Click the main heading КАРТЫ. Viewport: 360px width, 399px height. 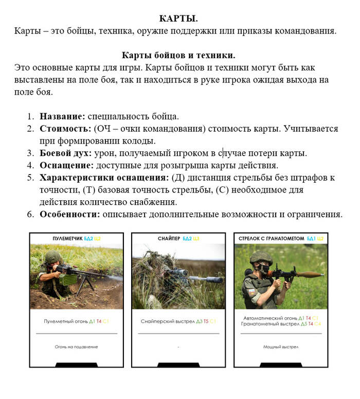coord(178,19)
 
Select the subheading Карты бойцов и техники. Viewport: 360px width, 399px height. coord(178,55)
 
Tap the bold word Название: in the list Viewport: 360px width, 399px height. coord(59,116)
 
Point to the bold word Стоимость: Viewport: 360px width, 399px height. coord(65,129)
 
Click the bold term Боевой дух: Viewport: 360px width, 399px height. coord(66,153)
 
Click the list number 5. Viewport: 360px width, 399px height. coord(30,178)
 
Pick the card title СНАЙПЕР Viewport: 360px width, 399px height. coord(169,239)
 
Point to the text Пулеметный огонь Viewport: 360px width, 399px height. coord(69,321)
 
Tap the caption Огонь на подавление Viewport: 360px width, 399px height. coord(76,347)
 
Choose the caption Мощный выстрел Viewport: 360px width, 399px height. coord(280,347)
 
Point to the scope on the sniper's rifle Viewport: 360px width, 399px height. coord(178,272)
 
